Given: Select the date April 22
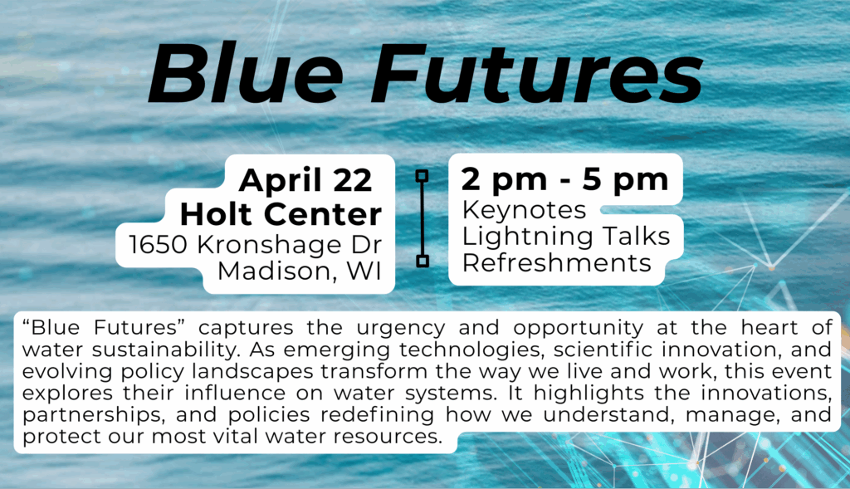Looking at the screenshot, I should pyautogui.click(x=305, y=180).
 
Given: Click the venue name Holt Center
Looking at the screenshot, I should pyautogui.click(x=281, y=214).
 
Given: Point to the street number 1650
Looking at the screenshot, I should pyautogui.click(x=155, y=245).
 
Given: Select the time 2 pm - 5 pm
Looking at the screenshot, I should pyautogui.click(x=564, y=179).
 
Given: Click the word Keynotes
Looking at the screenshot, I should pyautogui.click(x=524, y=209).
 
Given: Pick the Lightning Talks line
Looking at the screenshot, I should pyautogui.click(x=566, y=237).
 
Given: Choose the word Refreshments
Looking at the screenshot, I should pyautogui.click(x=556, y=263).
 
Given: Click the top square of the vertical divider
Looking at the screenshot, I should pyautogui.click(x=422, y=175).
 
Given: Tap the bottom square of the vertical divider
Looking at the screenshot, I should pyautogui.click(x=422, y=262).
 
